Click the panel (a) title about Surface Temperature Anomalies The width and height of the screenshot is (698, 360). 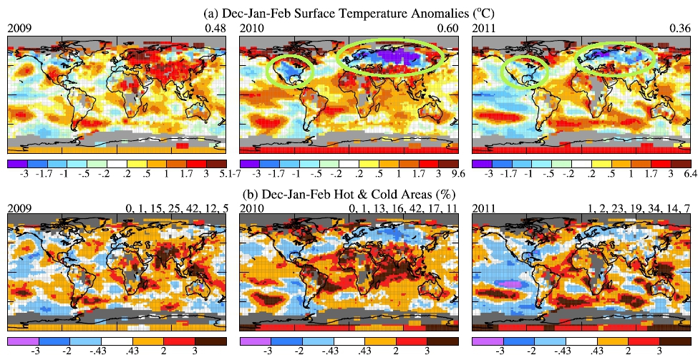coord(349,12)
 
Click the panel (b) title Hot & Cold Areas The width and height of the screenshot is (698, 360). coord(349,194)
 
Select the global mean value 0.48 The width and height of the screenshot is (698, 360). coord(217,28)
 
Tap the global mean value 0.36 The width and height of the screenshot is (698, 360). coord(682,28)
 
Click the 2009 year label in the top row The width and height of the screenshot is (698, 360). coord(19,28)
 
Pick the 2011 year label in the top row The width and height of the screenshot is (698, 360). coord(485,28)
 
